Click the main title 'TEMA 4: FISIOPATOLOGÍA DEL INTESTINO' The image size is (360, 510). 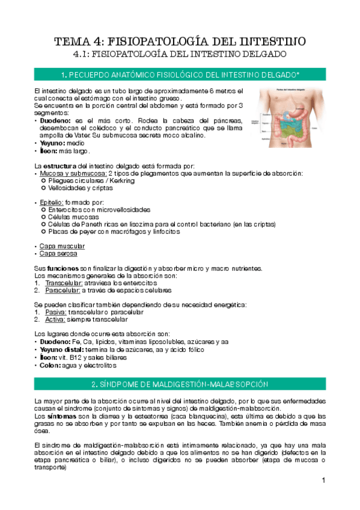click(x=180, y=41)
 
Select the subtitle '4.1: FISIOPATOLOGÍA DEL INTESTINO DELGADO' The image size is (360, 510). click(x=180, y=54)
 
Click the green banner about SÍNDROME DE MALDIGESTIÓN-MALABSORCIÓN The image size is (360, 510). click(x=180, y=384)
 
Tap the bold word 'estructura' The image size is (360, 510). click(x=59, y=166)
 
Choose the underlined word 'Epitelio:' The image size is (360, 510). click(x=52, y=203)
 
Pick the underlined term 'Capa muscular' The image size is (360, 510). click(x=62, y=246)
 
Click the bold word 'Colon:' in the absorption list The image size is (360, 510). click(x=50, y=365)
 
